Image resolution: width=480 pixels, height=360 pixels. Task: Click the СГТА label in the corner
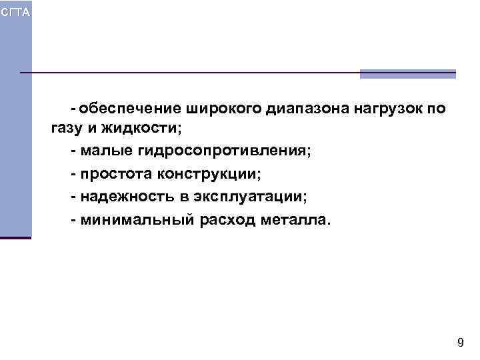15,13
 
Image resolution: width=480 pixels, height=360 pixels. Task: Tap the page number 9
460,343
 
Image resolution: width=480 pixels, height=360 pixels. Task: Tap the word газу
64,129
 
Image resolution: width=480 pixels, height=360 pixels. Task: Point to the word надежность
125,197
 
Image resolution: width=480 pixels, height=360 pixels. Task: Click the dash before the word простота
73,175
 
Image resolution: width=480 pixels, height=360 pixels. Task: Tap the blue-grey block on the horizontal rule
407,74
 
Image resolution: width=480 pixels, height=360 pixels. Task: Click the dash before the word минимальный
73,220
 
